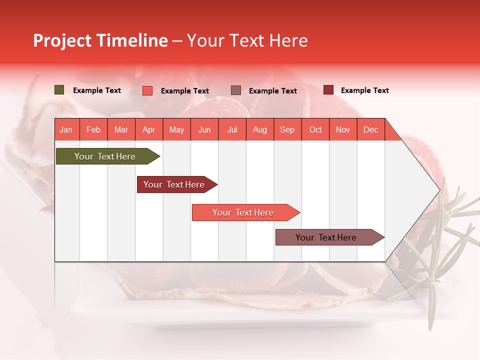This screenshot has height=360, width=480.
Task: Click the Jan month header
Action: tap(66, 129)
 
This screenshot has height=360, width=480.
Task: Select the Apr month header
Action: tap(148, 129)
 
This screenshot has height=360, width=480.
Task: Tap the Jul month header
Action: tap(232, 129)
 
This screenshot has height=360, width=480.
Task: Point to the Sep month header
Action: tap(287, 129)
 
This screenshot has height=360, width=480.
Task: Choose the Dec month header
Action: tap(370, 129)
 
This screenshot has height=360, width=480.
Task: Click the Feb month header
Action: tap(93, 129)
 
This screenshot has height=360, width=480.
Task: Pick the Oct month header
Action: tap(315, 129)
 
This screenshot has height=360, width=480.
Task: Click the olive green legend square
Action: tap(59, 90)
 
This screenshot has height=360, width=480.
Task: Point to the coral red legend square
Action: tap(147, 90)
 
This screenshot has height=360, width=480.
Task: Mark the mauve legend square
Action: tap(236, 90)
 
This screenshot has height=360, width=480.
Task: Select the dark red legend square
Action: tap(328, 90)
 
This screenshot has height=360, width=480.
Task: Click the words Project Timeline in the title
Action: tap(100, 40)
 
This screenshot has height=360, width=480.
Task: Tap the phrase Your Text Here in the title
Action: tap(247, 40)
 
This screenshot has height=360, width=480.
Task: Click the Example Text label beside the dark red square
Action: tap(364, 90)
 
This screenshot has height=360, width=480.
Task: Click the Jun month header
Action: tap(204, 129)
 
